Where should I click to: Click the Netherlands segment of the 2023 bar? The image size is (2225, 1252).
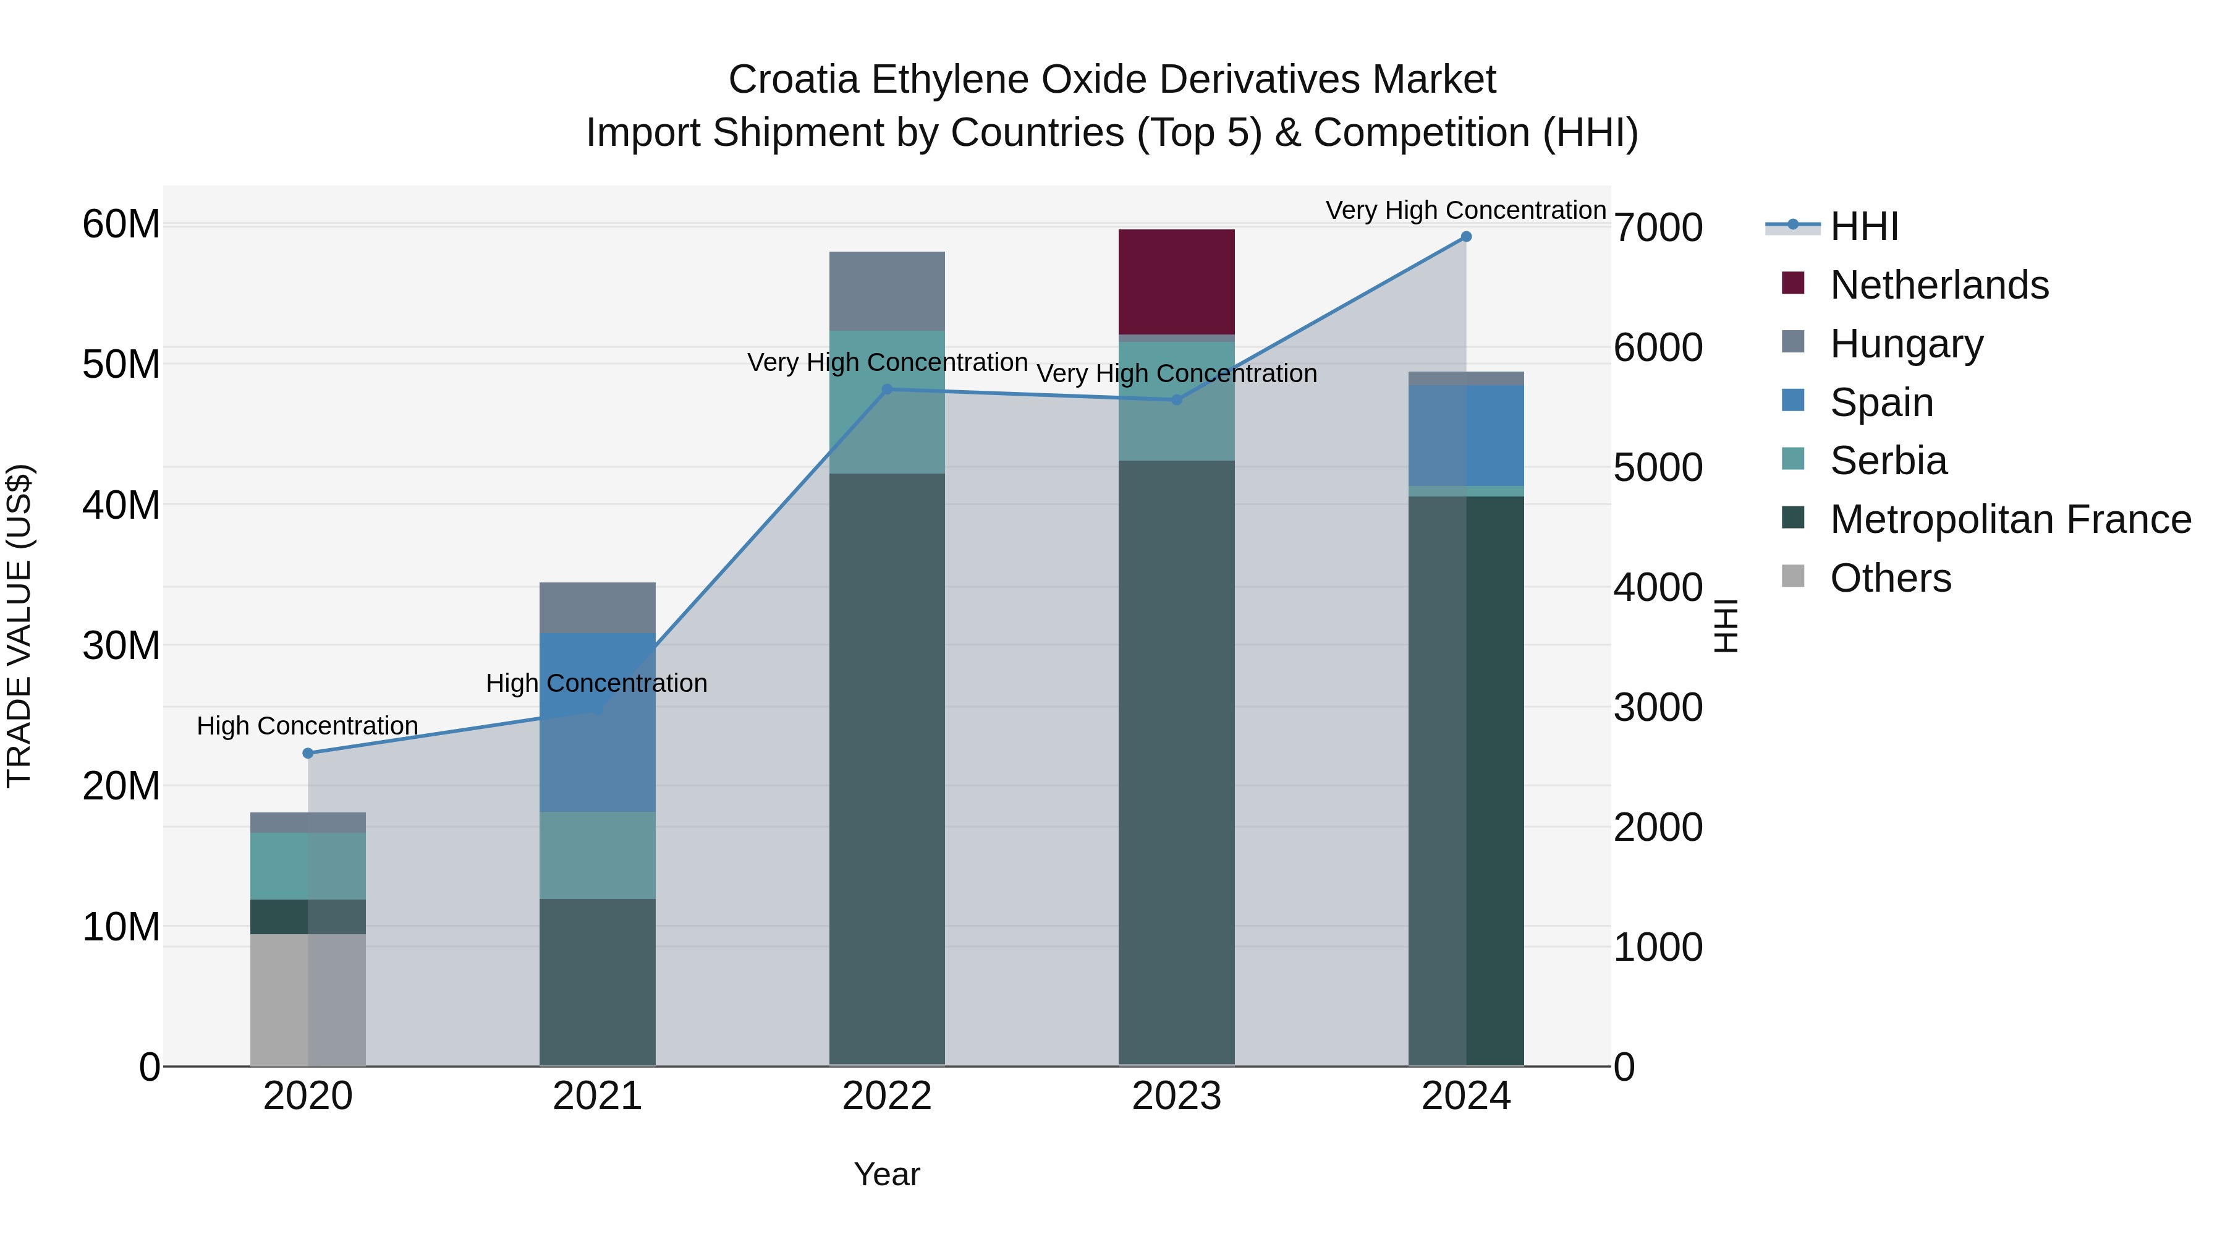(1176, 282)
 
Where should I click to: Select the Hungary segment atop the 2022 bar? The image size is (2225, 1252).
(886, 291)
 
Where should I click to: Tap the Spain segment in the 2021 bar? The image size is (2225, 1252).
(597, 722)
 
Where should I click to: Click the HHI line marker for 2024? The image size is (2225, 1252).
(1466, 237)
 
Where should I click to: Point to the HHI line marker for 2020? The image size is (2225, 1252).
(308, 754)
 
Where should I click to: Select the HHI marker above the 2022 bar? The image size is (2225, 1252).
(886, 390)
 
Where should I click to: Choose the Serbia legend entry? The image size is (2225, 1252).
(1888, 461)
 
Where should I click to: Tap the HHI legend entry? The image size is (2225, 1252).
(1863, 226)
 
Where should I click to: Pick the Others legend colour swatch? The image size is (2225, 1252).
(1792, 576)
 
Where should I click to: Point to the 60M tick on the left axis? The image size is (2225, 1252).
(121, 224)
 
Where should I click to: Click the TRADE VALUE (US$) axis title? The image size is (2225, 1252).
(19, 626)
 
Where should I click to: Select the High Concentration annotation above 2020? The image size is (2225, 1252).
(308, 726)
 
